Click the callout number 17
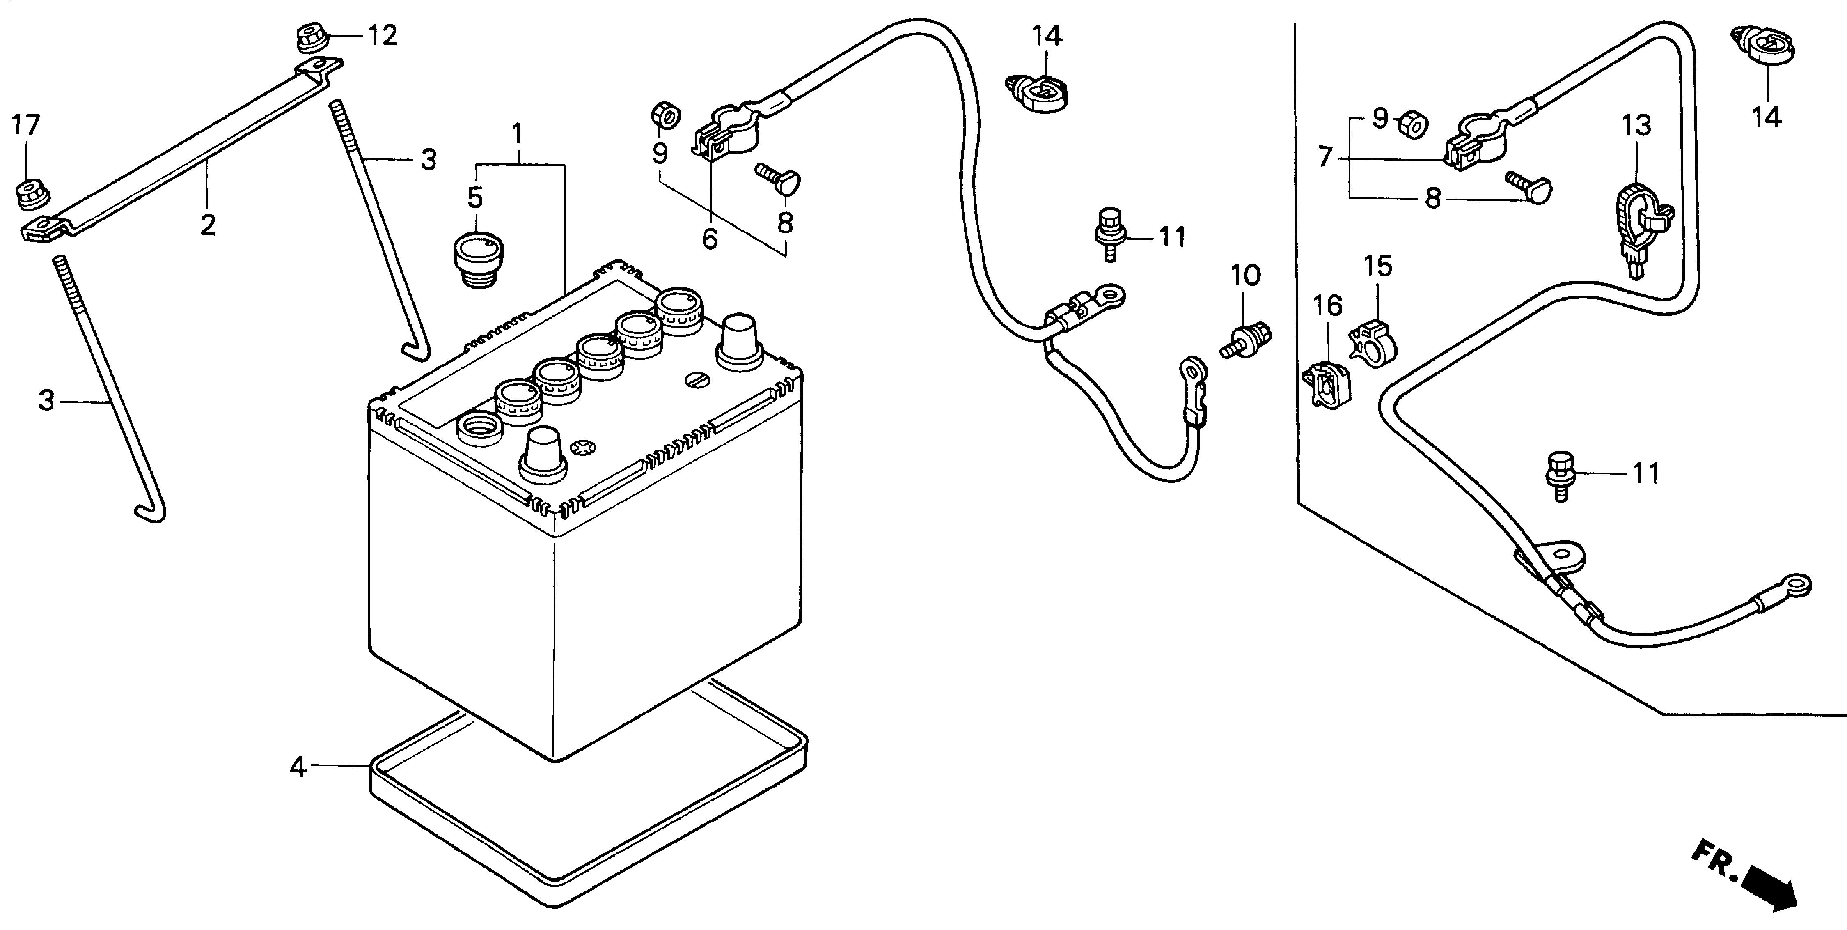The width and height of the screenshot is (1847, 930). point(27,126)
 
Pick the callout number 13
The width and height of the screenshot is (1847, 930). point(1637,126)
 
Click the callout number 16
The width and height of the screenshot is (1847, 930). point(1327,306)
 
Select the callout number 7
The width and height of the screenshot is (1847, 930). point(1325,156)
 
